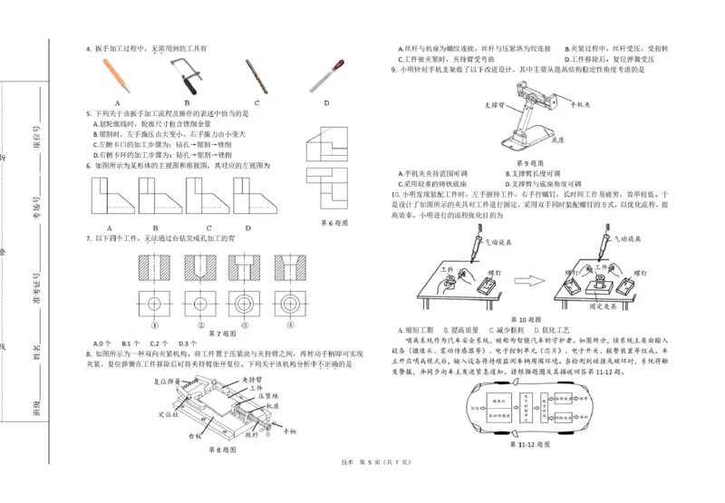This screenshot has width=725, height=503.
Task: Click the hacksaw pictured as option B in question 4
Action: (186, 74)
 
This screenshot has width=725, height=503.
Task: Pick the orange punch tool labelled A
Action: (117, 75)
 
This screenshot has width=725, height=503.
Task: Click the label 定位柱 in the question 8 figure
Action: (167, 414)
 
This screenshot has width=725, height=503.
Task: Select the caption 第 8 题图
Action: (222, 449)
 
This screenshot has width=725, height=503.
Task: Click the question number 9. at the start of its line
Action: (393, 69)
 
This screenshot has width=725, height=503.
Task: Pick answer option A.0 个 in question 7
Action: (101, 343)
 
